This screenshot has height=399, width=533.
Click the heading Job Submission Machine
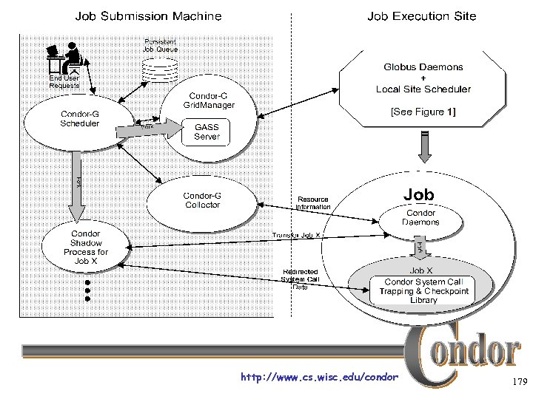[148, 16]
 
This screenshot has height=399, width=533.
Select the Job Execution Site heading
[421, 16]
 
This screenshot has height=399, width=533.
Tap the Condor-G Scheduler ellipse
[79, 119]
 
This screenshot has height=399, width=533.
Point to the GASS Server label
[207, 132]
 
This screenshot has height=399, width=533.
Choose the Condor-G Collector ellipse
[202, 200]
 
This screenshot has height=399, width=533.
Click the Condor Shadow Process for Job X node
[85, 248]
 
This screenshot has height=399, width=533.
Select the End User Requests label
[64, 81]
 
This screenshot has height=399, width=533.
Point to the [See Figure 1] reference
[423, 112]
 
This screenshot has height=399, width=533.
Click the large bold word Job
[418, 194]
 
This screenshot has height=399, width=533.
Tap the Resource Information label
[313, 203]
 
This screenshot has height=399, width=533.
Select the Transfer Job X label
[296, 236]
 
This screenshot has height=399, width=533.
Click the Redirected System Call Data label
[299, 279]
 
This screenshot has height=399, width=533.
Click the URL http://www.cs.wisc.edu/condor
[319, 378]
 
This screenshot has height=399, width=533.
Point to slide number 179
[517, 382]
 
